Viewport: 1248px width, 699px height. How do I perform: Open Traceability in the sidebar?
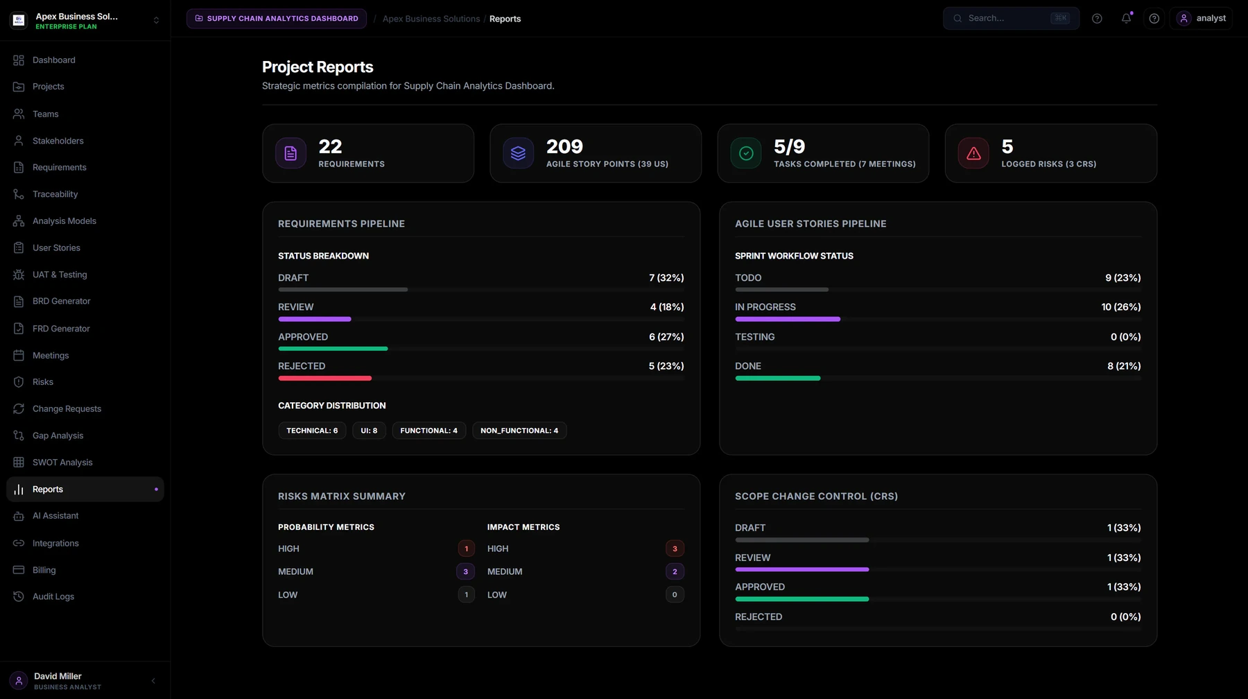point(55,194)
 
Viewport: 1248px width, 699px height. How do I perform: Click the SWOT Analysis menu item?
point(62,463)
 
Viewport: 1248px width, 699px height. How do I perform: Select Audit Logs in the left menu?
point(53,596)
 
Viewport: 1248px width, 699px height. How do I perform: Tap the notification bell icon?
point(1126,19)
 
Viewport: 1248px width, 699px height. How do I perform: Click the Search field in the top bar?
point(1011,19)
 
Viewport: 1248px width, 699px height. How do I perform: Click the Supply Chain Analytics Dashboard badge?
point(277,19)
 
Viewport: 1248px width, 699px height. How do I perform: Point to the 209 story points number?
point(564,146)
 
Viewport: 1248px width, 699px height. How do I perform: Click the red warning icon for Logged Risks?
point(973,153)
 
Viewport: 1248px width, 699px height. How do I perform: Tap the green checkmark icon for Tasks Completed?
point(746,153)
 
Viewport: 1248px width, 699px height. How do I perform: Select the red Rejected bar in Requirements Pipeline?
point(324,379)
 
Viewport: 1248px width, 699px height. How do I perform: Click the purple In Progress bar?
point(788,320)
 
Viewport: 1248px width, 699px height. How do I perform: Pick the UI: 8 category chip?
point(369,431)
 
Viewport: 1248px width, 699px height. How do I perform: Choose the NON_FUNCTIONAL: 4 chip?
point(519,431)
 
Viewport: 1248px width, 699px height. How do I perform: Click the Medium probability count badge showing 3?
point(465,572)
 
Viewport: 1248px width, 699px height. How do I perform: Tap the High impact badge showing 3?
point(675,549)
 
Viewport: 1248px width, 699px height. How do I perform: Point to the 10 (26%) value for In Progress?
point(1121,307)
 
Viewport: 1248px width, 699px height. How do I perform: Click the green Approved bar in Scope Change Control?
point(801,599)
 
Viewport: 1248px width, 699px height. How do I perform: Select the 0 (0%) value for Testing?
point(1125,337)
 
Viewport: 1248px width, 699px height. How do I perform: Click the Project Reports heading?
point(318,67)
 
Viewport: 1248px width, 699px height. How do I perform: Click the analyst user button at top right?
point(1202,19)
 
